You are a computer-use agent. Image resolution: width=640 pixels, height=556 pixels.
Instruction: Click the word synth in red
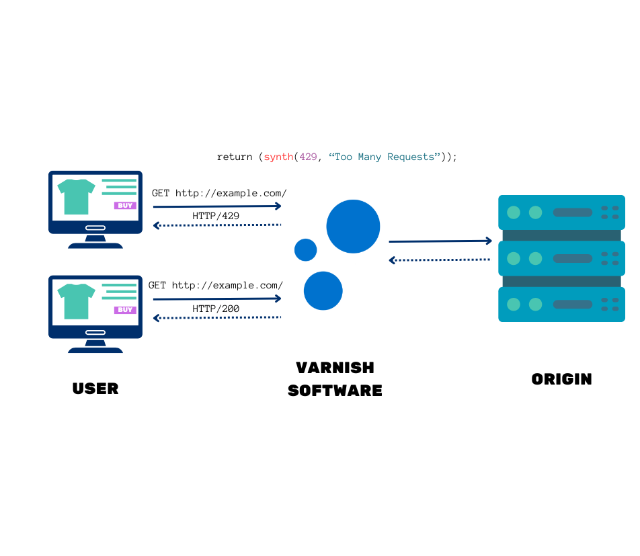(x=278, y=157)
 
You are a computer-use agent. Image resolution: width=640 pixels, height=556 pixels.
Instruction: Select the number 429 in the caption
(x=308, y=157)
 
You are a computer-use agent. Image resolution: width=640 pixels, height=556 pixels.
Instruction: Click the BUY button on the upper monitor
(x=125, y=206)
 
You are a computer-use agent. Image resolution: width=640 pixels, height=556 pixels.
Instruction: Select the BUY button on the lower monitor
(x=125, y=310)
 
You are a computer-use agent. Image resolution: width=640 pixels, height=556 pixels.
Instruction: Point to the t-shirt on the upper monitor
(x=76, y=196)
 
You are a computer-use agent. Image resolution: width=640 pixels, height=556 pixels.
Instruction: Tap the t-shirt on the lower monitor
(x=76, y=301)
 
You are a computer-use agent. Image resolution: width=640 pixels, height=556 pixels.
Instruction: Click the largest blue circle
(x=353, y=227)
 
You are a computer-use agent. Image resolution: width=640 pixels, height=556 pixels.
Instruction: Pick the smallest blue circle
(x=305, y=250)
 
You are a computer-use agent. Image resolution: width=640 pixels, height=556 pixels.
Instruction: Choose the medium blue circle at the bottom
(x=323, y=290)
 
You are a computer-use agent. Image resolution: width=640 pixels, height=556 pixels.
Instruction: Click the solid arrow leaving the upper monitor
(x=216, y=206)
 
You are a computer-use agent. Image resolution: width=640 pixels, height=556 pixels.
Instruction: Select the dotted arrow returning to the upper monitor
(x=216, y=225)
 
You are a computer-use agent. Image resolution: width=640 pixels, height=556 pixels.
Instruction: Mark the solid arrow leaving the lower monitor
(x=216, y=299)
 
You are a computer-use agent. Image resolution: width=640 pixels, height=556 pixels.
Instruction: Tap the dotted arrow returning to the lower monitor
(x=216, y=317)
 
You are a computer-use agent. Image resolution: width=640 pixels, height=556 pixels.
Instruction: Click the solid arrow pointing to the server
(x=440, y=241)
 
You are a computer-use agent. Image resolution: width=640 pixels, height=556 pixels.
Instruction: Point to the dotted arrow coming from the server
(x=440, y=260)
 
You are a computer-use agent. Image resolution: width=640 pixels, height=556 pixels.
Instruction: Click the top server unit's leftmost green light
(x=514, y=212)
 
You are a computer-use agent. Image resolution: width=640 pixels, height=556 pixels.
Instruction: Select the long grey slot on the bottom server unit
(x=572, y=305)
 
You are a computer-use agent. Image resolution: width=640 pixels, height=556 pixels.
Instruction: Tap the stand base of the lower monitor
(x=95, y=350)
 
